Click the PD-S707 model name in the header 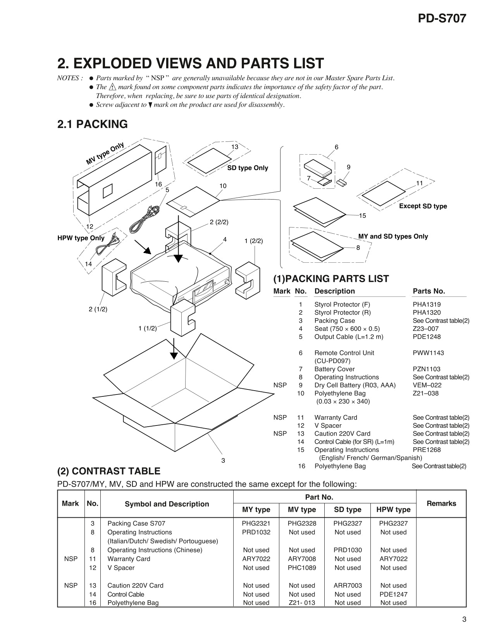442,19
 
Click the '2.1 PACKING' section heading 92,124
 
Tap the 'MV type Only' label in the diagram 105,153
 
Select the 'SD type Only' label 248,168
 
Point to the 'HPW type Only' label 81,238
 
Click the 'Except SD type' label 423,206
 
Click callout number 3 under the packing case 223,461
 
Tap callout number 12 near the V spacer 90,227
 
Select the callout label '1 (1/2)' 148,329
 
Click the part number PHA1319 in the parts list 427,305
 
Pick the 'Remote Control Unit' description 344,353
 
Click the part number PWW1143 428,353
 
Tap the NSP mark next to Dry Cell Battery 280,385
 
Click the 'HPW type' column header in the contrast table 393,510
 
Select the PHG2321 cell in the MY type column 256,524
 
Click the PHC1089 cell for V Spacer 302,568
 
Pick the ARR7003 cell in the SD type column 348,586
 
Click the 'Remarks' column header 441,503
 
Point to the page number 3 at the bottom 464,619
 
